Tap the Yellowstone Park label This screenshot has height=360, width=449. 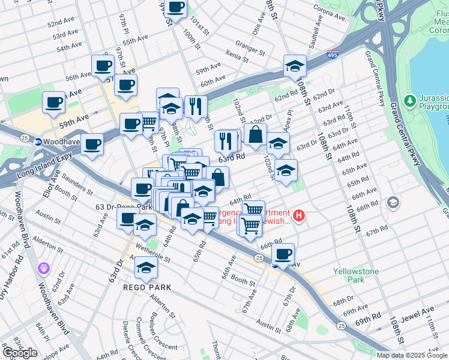[x=357, y=275]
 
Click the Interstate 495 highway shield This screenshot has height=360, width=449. [x=332, y=55]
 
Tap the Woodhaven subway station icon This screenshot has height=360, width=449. [x=37, y=142]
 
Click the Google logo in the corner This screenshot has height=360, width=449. [x=20, y=353]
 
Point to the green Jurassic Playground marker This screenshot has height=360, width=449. [x=411, y=100]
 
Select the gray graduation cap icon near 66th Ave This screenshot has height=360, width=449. [x=393, y=202]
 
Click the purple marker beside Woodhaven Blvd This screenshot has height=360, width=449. [x=43, y=267]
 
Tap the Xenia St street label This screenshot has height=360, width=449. [x=237, y=57]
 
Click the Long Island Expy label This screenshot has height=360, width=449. [x=48, y=160]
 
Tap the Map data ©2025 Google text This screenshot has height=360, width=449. [x=412, y=355]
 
